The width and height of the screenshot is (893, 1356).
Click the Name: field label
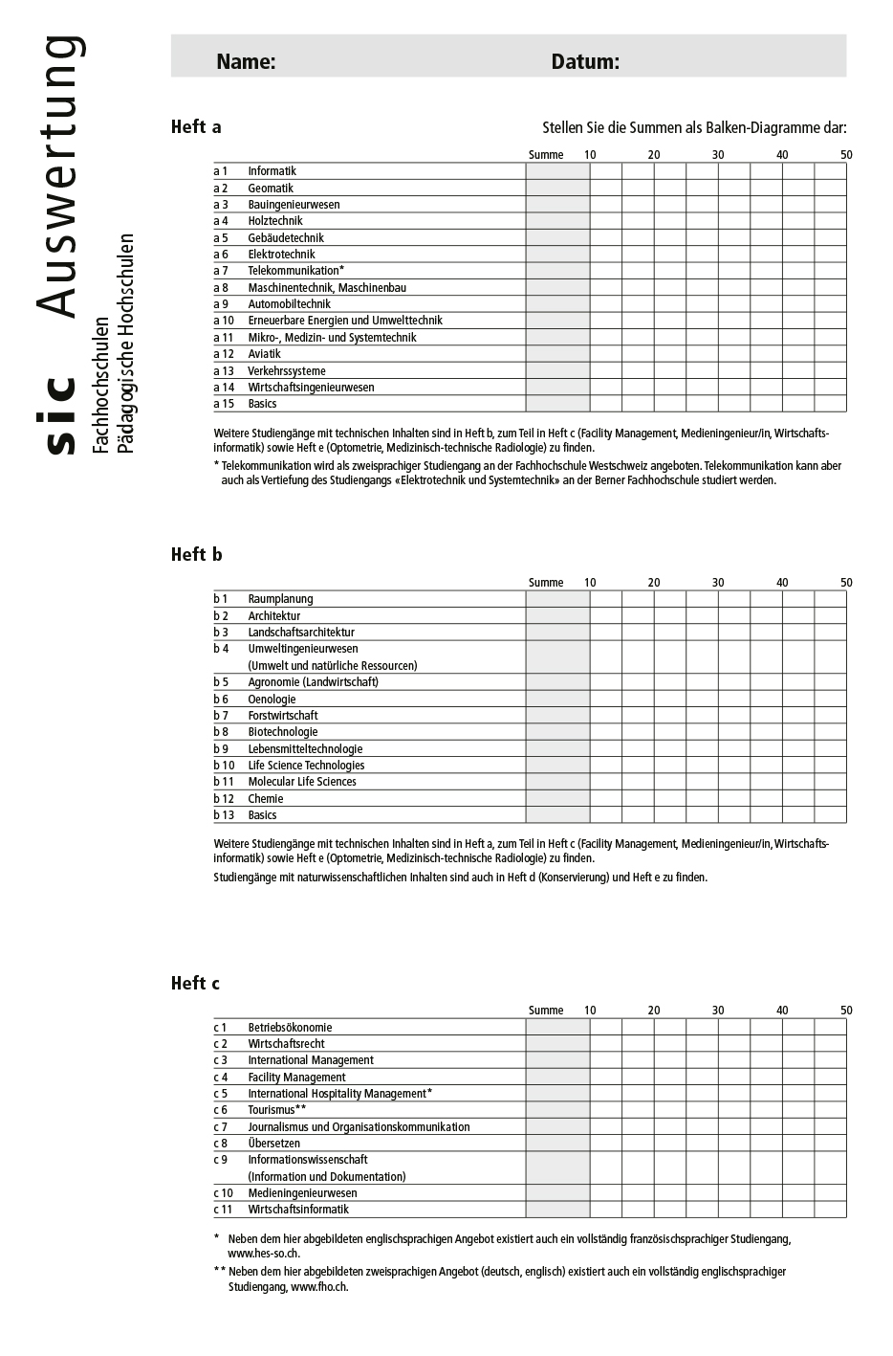pyautogui.click(x=246, y=62)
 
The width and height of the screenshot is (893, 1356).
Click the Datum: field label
pyautogui.click(x=585, y=62)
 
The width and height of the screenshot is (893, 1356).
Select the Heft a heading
pyautogui.click(x=196, y=127)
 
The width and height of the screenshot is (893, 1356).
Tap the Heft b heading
pyautogui.click(x=196, y=555)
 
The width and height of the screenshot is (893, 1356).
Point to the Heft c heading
pyautogui.click(x=195, y=984)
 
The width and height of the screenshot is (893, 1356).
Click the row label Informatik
pyautogui.click(x=272, y=171)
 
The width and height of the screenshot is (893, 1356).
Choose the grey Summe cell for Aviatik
pyautogui.click(x=557, y=354)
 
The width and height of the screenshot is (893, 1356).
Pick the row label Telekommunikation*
pyautogui.click(x=295, y=271)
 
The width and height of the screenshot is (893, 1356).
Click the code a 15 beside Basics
pyautogui.click(x=224, y=404)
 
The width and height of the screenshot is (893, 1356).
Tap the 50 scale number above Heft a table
pyautogui.click(x=846, y=155)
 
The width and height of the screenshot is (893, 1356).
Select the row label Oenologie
pyautogui.click(x=272, y=700)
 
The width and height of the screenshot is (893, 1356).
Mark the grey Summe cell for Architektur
pyautogui.click(x=557, y=616)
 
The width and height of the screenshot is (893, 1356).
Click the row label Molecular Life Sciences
pyautogui.click(x=302, y=782)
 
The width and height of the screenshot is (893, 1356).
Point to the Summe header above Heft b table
pyautogui.click(x=546, y=583)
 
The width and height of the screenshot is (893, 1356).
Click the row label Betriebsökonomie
pyautogui.click(x=290, y=1028)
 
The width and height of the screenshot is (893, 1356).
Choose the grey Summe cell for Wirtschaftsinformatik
pyautogui.click(x=557, y=1210)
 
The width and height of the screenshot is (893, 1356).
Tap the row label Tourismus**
pyautogui.click(x=277, y=1110)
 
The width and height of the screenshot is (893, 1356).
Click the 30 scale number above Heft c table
pyautogui.click(x=718, y=1011)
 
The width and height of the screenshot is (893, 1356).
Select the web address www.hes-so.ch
pyautogui.click(x=264, y=1254)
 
